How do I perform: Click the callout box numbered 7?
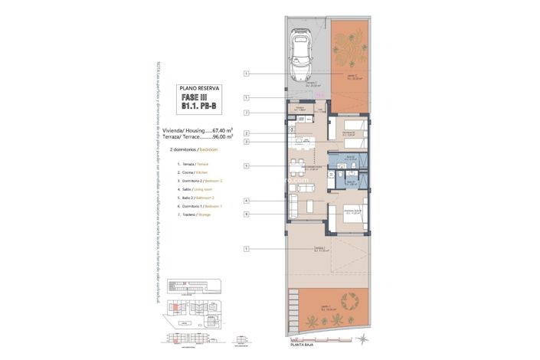pos(246,113)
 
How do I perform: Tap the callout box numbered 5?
pos(246,165)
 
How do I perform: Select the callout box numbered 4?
pos(246,201)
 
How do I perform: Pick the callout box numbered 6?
pos(246,214)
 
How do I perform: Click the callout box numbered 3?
pos(246,142)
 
